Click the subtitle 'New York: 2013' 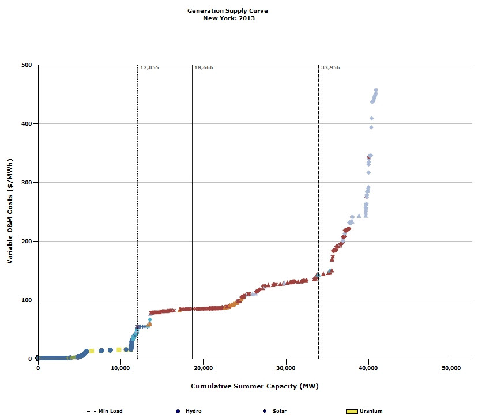point(228,18)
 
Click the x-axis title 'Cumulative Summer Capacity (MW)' point(254,386)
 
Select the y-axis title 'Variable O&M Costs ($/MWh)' point(10,212)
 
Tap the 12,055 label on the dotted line point(149,67)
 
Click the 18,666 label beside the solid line point(204,67)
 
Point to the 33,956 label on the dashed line point(330,67)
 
